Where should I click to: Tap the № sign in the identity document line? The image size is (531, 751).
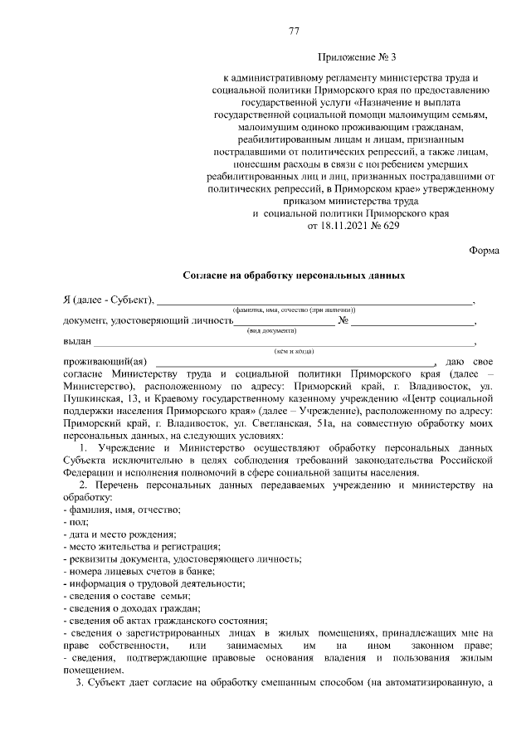click(343, 320)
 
